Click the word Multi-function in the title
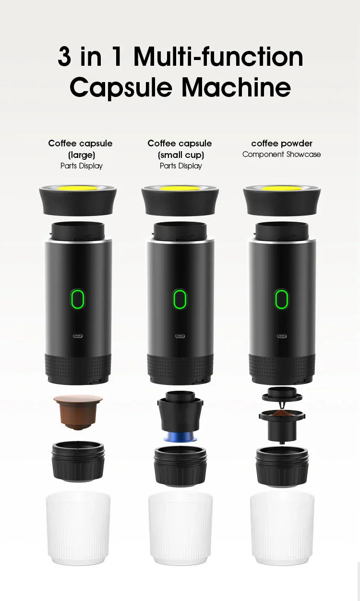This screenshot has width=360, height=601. click(218, 57)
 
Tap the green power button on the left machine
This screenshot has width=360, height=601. click(77, 299)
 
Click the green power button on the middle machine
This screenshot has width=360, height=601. click(180, 299)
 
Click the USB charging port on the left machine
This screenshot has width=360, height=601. click(77, 336)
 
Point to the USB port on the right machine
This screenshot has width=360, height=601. click(281, 336)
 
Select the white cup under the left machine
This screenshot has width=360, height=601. click(78, 528)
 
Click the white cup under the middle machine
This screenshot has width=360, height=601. click(180, 528)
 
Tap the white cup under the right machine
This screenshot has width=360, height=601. click(282, 528)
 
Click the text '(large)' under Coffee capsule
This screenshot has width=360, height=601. click(81, 155)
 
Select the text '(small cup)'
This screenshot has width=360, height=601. click(180, 155)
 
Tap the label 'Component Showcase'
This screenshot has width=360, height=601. click(281, 154)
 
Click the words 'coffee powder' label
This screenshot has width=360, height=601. click(281, 143)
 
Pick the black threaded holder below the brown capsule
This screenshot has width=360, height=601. click(78, 461)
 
